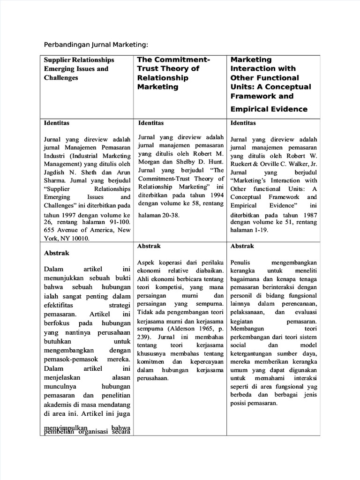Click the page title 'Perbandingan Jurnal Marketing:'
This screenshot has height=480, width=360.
coord(96,45)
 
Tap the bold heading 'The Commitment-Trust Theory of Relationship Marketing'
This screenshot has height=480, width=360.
coord(173,73)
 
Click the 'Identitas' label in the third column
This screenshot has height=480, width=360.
coord(243,123)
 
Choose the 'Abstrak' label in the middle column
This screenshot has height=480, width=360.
coord(149,246)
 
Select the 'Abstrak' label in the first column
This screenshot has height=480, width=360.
coord(56,253)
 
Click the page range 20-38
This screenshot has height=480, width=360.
coord(168,215)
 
